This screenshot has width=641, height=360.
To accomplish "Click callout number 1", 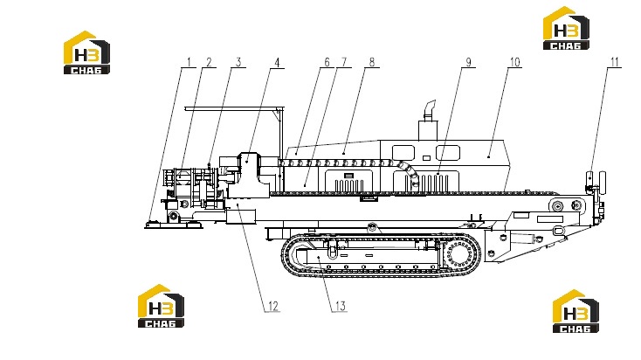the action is tap(189, 62).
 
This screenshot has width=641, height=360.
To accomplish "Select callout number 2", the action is tap(209, 62).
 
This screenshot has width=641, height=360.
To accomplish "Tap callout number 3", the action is tap(238, 62).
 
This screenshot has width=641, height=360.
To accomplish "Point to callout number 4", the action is tap(277, 63).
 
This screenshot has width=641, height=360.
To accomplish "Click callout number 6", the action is tap(327, 62).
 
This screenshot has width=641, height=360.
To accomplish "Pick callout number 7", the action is tap(344, 62).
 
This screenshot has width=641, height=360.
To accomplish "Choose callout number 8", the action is tap(372, 62).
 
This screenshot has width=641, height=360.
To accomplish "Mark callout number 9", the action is tap(468, 62).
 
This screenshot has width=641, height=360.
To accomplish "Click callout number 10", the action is tap(514, 62).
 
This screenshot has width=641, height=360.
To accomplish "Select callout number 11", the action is tap(615, 62).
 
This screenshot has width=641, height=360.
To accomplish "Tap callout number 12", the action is tap(273, 306).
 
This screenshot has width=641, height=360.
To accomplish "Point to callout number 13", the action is tap(341, 306).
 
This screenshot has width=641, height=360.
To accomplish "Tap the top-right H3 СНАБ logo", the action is tap(566, 28).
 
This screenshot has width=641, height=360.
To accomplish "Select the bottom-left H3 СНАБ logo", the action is tap(161, 306).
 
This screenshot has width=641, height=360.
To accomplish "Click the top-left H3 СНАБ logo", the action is tap(86, 52).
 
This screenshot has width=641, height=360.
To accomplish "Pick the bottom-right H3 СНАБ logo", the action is tap(576, 311).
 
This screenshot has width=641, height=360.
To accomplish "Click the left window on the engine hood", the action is tap(403, 153).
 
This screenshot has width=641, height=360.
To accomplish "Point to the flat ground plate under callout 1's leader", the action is tap(174, 225).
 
